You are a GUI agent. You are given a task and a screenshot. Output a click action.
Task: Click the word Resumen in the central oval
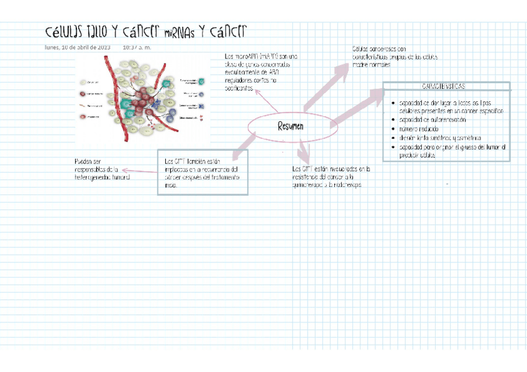pos(291,126)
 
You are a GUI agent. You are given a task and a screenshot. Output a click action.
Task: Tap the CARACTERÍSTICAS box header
pos(446,86)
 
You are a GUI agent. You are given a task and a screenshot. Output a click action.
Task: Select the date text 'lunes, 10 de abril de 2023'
pos(78,47)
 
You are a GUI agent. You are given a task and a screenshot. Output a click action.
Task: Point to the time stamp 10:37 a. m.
pos(137,47)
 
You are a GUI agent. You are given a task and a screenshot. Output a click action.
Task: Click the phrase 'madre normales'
pos(372,65)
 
